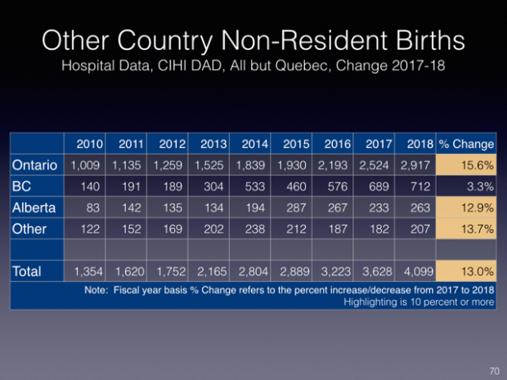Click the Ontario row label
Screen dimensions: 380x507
[34, 165]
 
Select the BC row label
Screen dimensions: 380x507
[22, 186]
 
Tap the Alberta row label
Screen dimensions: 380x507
[34, 208]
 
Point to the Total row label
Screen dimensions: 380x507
[28, 268]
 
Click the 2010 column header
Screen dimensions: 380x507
[89, 144]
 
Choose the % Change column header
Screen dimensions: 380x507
[466, 144]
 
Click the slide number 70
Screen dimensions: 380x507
[492, 370]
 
